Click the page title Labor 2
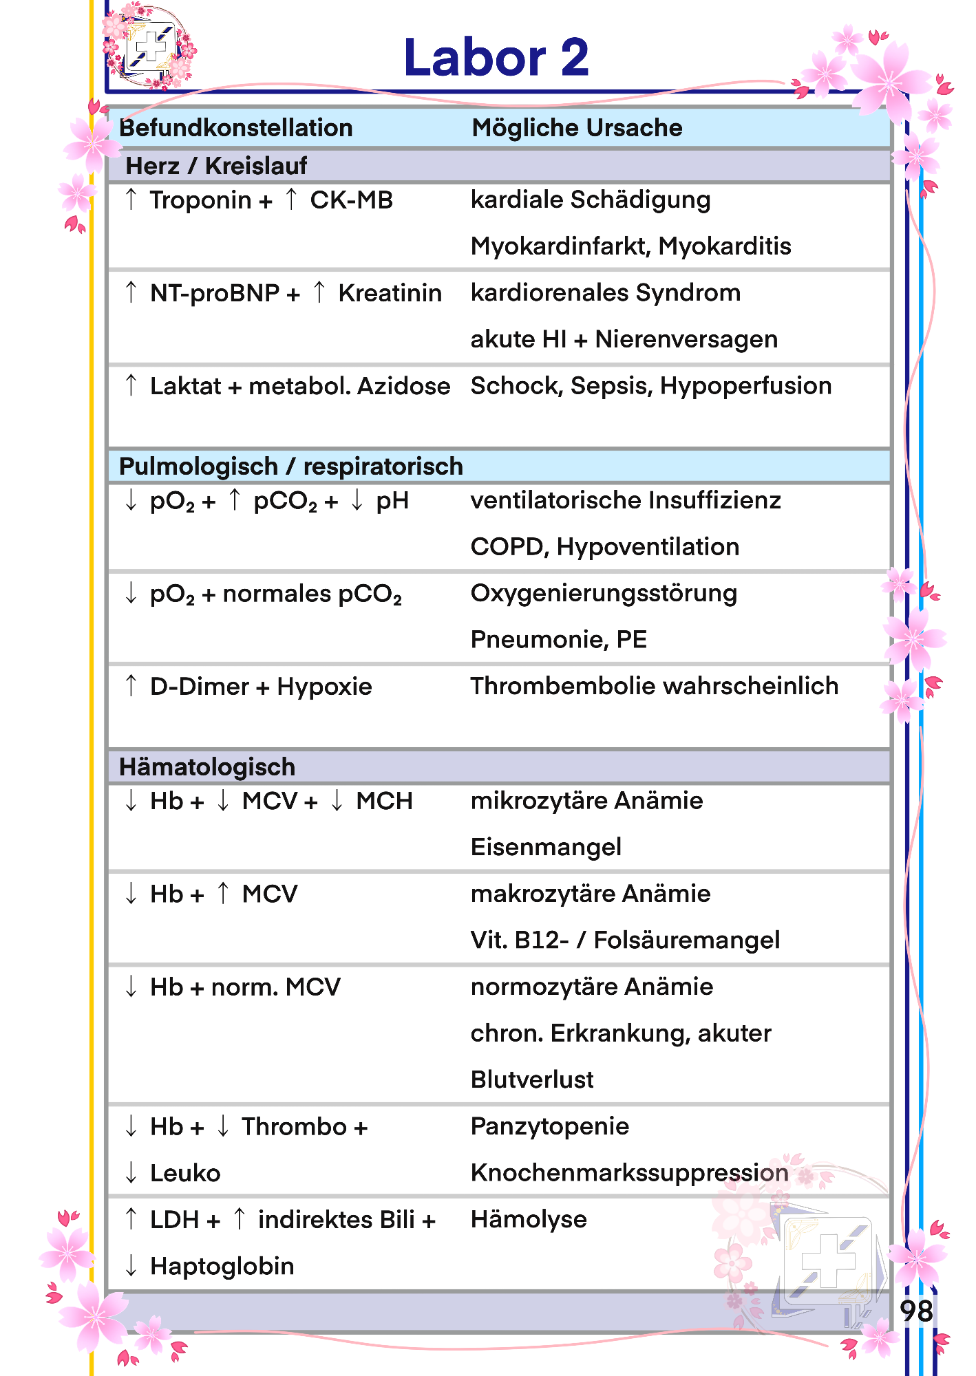coord(496,58)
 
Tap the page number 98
coord(916,1311)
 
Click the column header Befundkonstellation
coord(236,128)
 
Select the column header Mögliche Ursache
coord(577,128)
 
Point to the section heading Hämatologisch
coord(207,767)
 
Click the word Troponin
coord(200,200)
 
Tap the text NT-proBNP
coord(215,293)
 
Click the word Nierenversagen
coord(686,339)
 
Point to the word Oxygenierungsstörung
coord(604,593)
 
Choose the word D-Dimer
coord(200,687)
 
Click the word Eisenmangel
coord(546,847)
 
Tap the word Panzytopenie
coord(549,1126)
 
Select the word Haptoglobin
coord(222,1266)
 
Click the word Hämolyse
coord(529,1219)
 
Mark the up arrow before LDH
coord(131,1218)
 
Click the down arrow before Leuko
coord(131,1172)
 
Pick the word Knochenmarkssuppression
coord(629,1172)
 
